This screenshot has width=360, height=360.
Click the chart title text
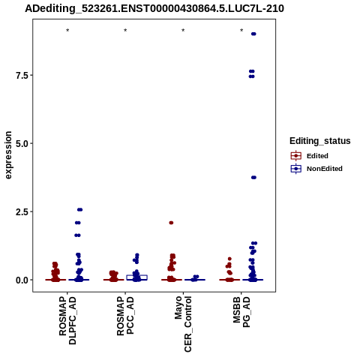tap(154, 8)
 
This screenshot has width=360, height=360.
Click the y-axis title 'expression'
tap(8, 155)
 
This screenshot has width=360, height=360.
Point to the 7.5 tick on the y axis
tap(22, 75)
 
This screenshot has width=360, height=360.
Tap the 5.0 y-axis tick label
tap(22, 143)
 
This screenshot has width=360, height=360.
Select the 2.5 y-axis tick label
tap(22, 211)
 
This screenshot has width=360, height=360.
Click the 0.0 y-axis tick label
tap(22, 280)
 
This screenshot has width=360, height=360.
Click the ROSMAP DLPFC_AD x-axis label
tap(67, 321)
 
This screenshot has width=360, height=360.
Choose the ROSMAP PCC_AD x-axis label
tap(125, 316)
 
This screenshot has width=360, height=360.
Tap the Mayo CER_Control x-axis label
tap(183, 324)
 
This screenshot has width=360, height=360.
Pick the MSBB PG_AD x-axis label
tap(241, 312)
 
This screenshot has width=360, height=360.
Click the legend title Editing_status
tap(320, 141)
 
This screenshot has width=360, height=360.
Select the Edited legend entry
tap(310, 156)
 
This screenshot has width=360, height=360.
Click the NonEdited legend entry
tap(316, 169)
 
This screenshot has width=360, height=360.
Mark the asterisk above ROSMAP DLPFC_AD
tap(67, 31)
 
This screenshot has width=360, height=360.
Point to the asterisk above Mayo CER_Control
tap(183, 31)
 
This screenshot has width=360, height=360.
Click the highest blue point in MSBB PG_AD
tap(253, 34)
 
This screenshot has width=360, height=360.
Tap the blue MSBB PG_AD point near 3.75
tap(253, 178)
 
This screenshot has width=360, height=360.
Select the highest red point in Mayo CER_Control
tap(171, 223)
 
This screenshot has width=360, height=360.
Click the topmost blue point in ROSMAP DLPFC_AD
tap(79, 210)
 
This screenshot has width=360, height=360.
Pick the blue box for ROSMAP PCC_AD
tap(136, 277)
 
